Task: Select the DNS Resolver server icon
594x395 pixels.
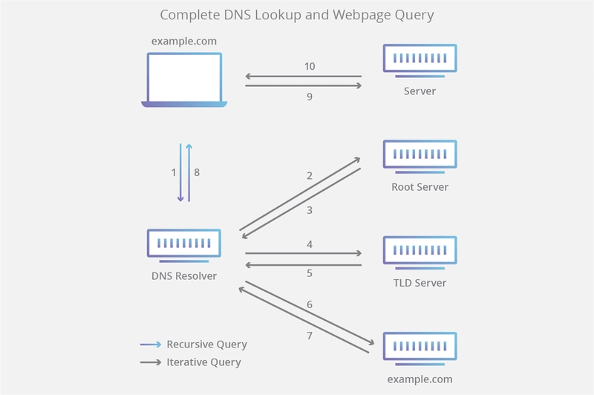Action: (183, 246)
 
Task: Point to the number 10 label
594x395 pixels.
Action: (310, 66)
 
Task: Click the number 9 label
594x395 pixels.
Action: (310, 96)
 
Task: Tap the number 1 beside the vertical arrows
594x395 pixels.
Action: (174, 172)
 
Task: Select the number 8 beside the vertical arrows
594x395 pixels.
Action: (197, 172)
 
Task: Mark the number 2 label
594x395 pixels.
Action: (310, 176)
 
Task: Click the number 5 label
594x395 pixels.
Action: (310, 272)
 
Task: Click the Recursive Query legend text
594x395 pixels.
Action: (206, 345)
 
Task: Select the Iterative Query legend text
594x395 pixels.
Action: (203, 362)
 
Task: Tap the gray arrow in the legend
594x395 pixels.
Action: (151, 362)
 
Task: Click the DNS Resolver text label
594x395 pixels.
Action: (183, 276)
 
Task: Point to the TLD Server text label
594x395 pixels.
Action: (420, 283)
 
